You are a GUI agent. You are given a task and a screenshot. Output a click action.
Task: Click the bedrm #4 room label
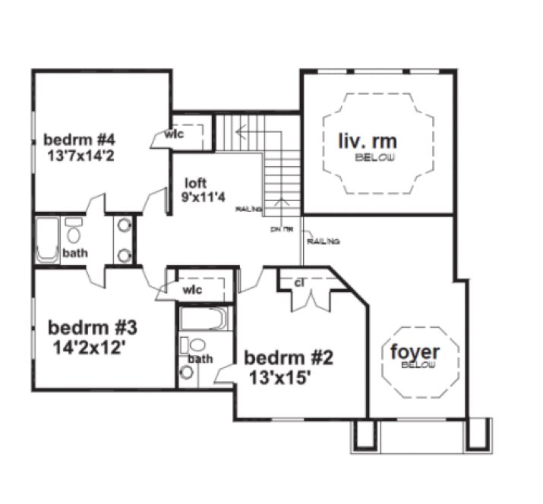pyautogui.click(x=79, y=140)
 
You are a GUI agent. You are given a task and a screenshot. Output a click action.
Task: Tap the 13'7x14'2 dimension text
pyautogui.click(x=80, y=156)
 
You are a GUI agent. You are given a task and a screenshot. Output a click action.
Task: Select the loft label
pyautogui.click(x=196, y=183)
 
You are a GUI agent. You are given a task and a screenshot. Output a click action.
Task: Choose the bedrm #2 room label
pyautogui.click(x=289, y=357)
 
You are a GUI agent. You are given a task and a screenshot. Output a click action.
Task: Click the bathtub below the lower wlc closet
pyautogui.click(x=204, y=319)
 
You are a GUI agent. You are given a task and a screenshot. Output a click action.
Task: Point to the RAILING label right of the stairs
pyautogui.click(x=323, y=241)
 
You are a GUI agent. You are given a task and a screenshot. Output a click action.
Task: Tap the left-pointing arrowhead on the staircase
pyautogui.click(x=238, y=132)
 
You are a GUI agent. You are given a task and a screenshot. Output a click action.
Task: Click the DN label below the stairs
pyautogui.click(x=275, y=228)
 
